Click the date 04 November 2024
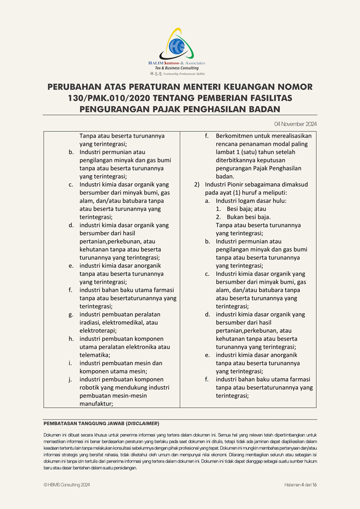point(295,124)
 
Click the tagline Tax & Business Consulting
point(177,68)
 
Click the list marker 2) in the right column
point(197,185)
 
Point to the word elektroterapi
point(97,330)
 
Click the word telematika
point(97,355)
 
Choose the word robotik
point(92,387)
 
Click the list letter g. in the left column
point(71,314)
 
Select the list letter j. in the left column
point(70,379)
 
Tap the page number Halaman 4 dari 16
point(300,485)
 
